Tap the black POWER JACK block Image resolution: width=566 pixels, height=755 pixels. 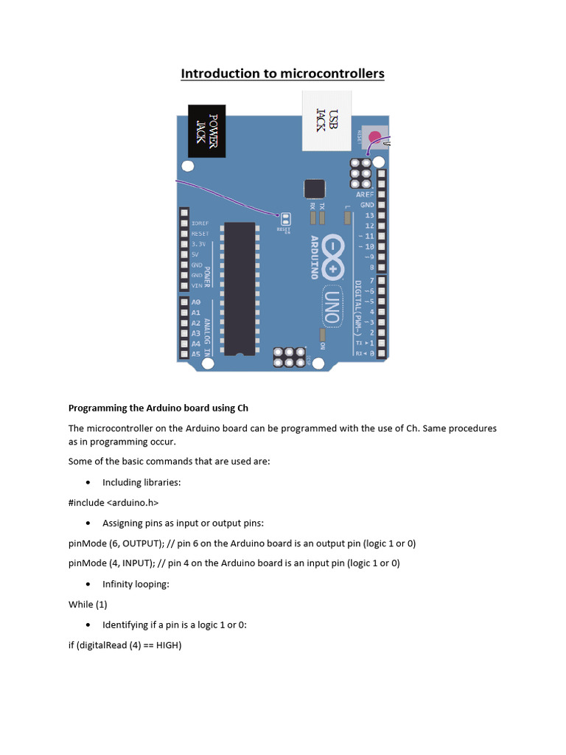click(207, 131)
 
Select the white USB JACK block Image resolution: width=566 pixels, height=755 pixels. click(326, 120)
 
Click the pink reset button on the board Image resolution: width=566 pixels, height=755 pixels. click(375, 136)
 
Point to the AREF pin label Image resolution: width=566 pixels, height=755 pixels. click(366, 194)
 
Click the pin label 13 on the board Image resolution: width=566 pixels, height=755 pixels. click(370, 215)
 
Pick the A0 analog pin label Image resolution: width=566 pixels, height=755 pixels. click(196, 302)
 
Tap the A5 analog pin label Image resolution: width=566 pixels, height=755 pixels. click(196, 354)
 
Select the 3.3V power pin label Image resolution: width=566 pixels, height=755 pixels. click(199, 244)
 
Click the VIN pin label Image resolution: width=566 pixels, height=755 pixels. click(197, 285)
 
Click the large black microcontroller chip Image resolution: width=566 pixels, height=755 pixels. click(240, 288)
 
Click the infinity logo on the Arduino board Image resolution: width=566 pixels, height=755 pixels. click(334, 257)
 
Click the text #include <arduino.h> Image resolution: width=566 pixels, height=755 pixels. click(113, 502)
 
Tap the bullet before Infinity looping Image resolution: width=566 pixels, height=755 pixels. click(88, 585)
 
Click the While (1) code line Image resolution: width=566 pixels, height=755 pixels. click(88, 605)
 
